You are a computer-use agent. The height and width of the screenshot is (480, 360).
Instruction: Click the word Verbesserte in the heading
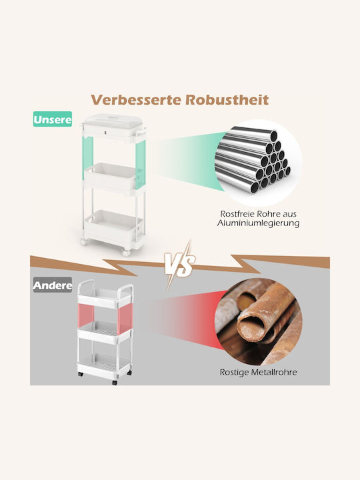(136, 100)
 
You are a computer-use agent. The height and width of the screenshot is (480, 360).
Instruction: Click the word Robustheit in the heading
(227, 100)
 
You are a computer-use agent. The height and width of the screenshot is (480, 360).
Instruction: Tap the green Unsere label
(53, 119)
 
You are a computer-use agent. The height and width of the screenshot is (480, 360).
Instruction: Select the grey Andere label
(53, 285)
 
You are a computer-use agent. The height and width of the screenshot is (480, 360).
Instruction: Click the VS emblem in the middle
(180, 263)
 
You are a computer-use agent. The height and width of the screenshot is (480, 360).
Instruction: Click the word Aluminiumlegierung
(258, 223)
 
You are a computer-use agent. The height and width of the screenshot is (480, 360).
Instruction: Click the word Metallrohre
(274, 372)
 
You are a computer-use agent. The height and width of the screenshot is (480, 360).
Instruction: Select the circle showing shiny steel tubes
(258, 162)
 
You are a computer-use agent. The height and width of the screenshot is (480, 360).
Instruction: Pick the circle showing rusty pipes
(259, 321)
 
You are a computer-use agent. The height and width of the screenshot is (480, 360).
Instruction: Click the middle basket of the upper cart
(111, 177)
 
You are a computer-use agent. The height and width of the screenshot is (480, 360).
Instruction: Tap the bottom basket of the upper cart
(113, 225)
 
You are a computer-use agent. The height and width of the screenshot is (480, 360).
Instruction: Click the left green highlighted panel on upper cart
(87, 157)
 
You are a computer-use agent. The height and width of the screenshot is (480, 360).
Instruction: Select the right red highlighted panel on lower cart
(125, 319)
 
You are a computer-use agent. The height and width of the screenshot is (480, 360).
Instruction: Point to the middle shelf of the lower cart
(104, 332)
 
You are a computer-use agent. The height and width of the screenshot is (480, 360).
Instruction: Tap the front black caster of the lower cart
(115, 383)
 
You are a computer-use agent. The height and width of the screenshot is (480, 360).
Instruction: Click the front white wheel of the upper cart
(126, 253)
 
